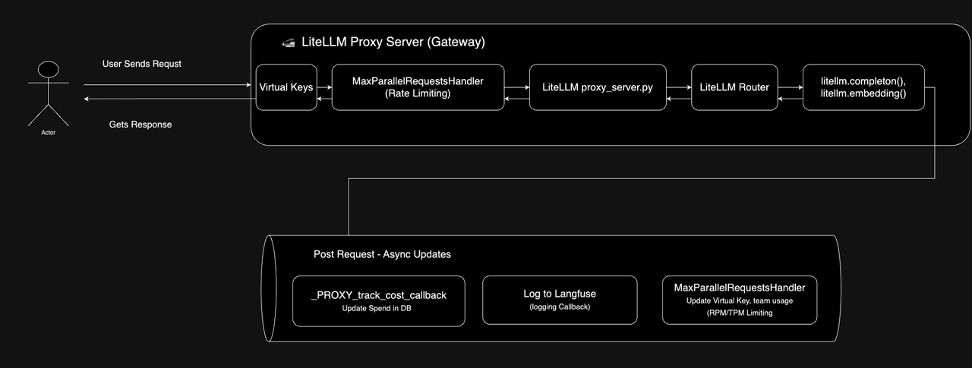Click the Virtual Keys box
286,87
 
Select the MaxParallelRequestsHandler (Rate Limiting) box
418,87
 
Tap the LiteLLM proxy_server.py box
598,87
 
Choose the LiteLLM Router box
734,87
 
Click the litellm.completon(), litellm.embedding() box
863,87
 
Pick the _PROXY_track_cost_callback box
379,300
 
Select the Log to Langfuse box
560,300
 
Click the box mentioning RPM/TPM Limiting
740,300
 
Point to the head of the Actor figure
48,69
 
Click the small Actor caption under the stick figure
48,133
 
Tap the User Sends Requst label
141,64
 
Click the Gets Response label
140,124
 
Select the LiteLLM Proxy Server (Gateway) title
393,42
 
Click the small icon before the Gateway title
289,42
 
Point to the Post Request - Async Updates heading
382,254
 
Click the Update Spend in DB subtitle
377,308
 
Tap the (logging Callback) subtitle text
560,307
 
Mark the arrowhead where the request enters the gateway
248,84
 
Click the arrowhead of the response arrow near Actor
87,99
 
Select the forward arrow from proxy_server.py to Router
679,87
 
